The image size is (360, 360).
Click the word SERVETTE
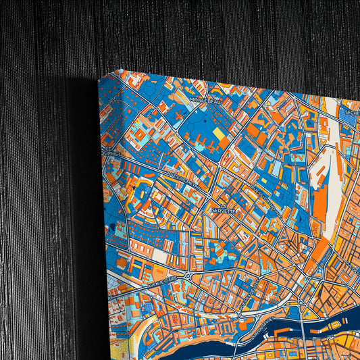pyautogui.click(x=223, y=211)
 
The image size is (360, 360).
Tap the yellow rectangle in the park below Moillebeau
pyautogui.click(x=220, y=136)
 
